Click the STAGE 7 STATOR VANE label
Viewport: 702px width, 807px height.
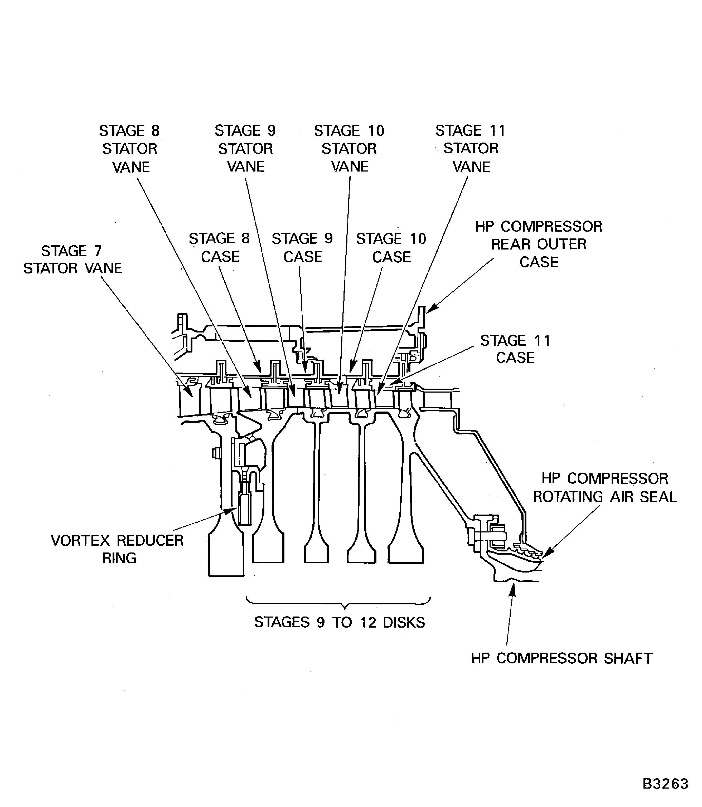click(72, 260)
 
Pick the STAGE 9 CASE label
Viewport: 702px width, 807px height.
click(302, 247)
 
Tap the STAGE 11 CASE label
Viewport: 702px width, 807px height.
click(515, 349)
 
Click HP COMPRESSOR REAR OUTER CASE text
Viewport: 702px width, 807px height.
click(539, 244)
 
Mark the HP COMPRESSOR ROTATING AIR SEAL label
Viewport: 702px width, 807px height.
click(604, 487)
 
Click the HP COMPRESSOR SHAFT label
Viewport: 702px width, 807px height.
click(561, 658)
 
